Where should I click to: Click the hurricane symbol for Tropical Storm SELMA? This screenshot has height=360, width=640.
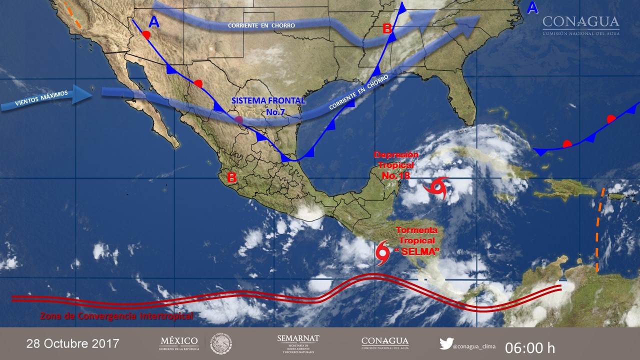point(382,252)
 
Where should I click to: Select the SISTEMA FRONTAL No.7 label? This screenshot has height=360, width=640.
point(268,106)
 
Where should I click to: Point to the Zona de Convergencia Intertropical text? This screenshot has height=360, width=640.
point(116,316)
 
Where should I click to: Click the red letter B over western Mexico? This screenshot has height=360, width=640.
point(231,177)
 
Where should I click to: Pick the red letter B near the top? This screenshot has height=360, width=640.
point(387,29)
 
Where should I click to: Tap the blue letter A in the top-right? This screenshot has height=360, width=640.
point(532,7)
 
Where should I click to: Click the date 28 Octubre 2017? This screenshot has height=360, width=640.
point(73,344)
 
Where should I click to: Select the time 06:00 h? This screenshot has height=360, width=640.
point(529,347)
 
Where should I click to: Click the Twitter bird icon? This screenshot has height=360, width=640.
point(446,343)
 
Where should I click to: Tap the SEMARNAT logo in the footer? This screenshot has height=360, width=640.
point(298,344)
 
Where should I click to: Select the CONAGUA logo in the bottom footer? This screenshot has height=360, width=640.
point(384,343)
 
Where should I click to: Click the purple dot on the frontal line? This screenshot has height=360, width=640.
point(239,120)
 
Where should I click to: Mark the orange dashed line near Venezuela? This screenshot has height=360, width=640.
point(599,230)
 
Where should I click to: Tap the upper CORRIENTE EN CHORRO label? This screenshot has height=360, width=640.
point(261,25)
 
